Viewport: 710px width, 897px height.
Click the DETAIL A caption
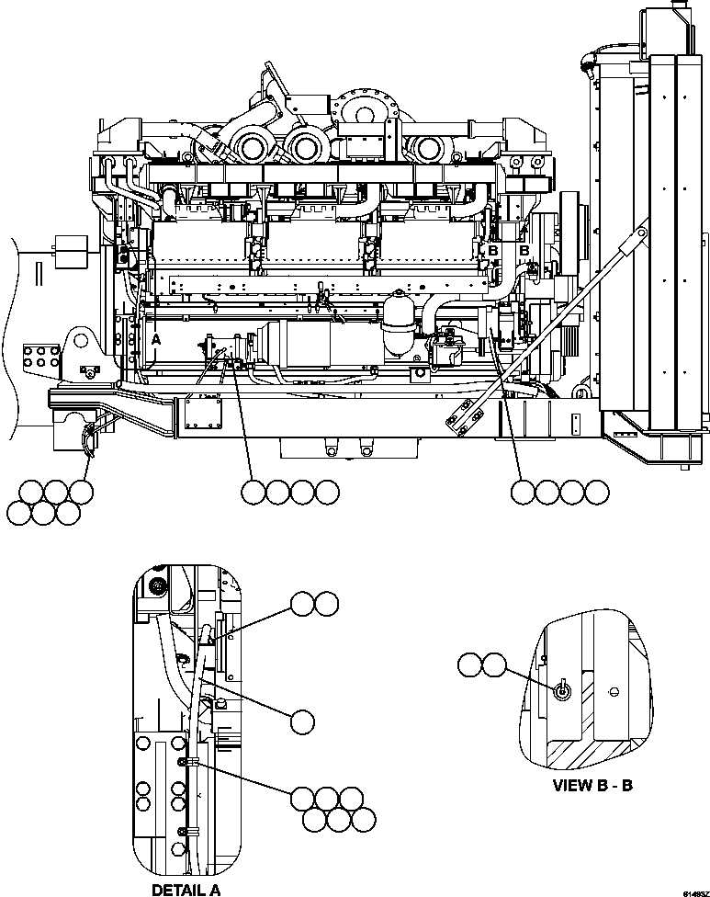click(x=185, y=889)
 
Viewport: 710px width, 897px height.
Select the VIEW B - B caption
click(x=592, y=786)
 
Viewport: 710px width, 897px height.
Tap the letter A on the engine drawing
click(x=156, y=339)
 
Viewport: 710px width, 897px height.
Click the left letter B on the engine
click(x=493, y=250)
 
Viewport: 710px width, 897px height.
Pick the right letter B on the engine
click(x=525, y=250)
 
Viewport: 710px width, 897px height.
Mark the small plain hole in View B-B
click(x=614, y=691)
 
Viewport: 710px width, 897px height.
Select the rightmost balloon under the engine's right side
click(x=597, y=493)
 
